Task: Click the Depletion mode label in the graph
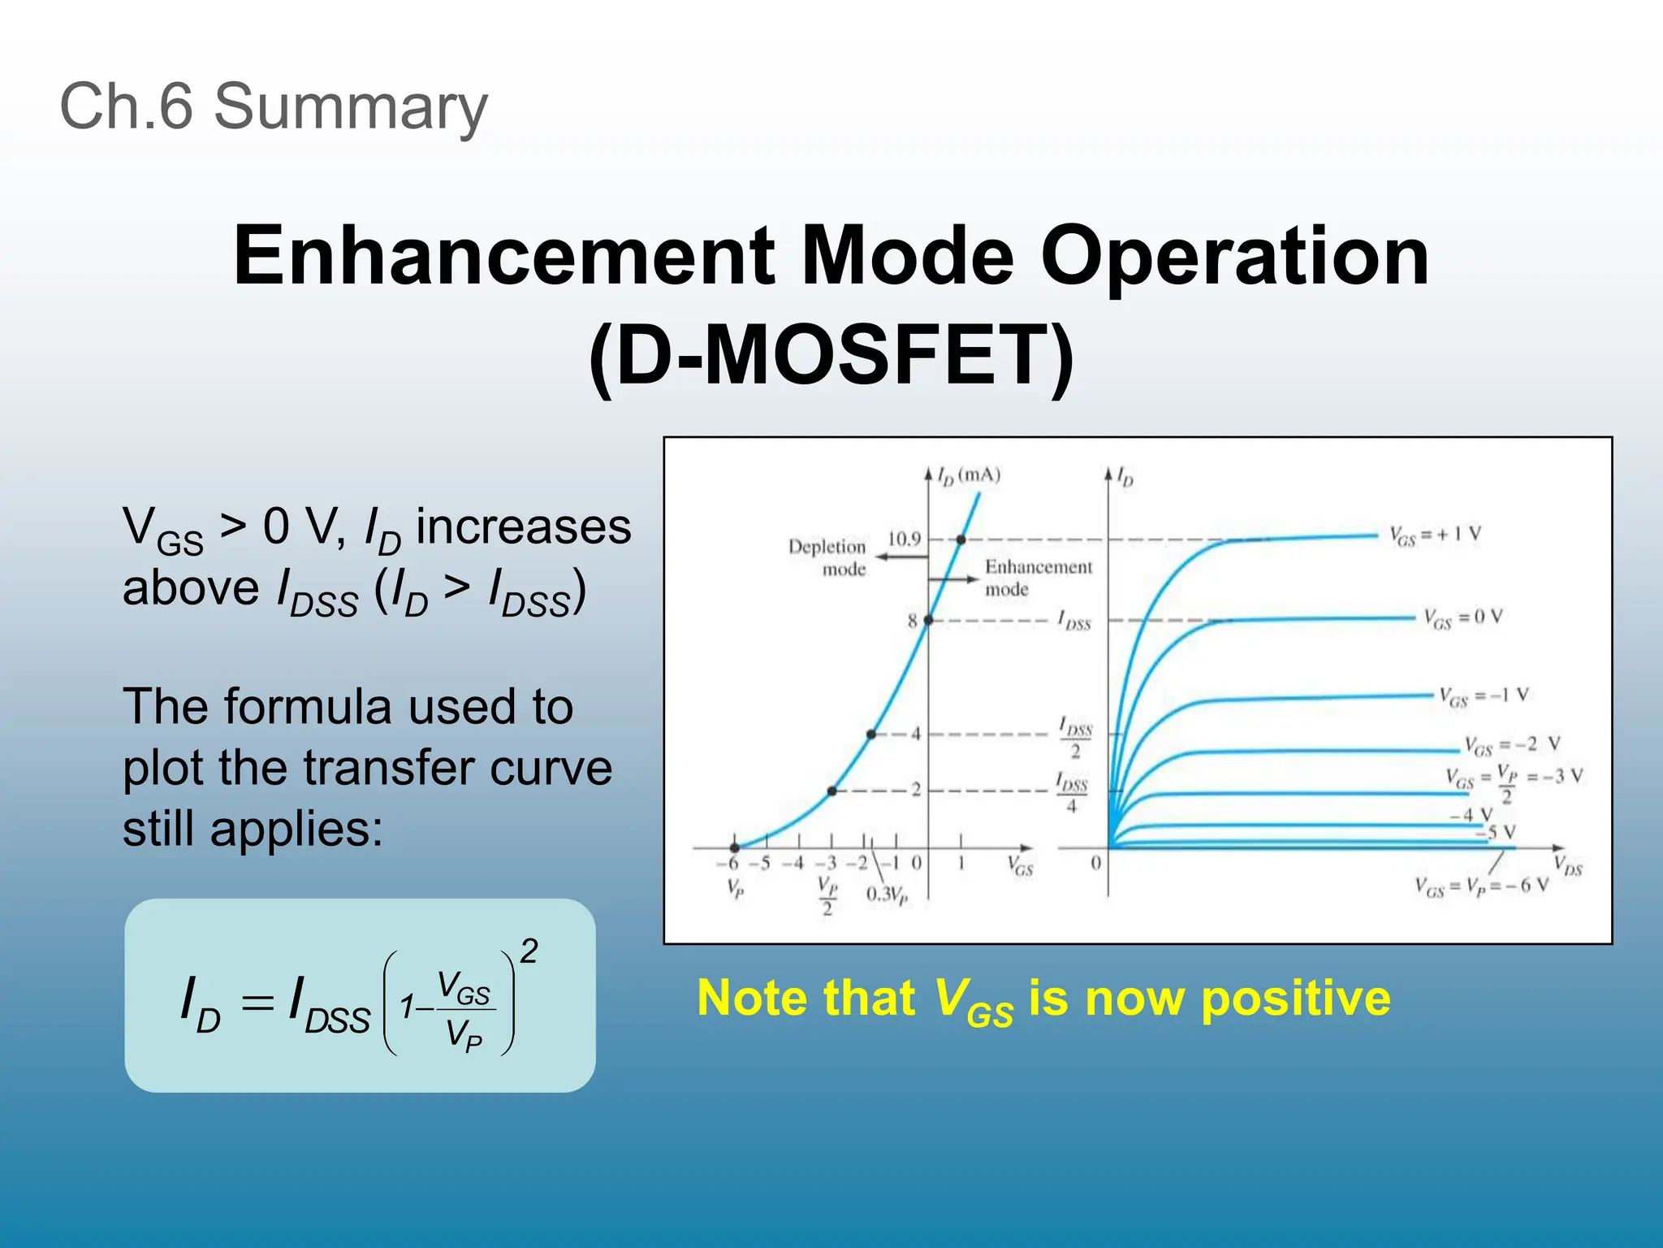[x=827, y=557]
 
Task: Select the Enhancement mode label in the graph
[x=1038, y=578]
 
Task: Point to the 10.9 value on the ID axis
[x=903, y=539]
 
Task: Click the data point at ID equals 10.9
[x=961, y=539]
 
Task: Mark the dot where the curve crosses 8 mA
[x=928, y=620]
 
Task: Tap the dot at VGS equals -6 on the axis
[x=734, y=847]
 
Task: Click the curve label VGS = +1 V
[x=1434, y=535]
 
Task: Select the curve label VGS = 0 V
[x=1462, y=618]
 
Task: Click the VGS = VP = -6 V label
[x=1481, y=886]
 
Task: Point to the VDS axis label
[x=1567, y=866]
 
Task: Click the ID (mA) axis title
[x=969, y=475]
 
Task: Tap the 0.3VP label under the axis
[x=886, y=895]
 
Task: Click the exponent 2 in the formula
[x=529, y=951]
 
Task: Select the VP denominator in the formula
[x=463, y=1036]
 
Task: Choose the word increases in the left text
[x=523, y=526]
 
